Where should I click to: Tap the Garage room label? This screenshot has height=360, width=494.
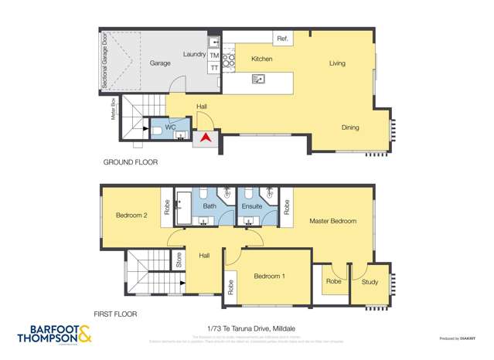tap(160, 63)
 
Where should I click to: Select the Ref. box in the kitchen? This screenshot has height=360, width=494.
tap(282, 39)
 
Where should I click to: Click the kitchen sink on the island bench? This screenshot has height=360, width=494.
tap(259, 78)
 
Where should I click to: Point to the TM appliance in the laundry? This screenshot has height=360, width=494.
tap(214, 56)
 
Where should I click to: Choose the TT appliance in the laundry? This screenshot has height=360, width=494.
tap(214, 68)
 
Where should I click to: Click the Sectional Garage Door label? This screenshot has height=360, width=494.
tap(105, 59)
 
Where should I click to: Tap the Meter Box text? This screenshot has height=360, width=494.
tap(113, 110)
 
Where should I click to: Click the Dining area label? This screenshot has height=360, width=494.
tap(350, 127)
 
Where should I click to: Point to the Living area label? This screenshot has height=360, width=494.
tap(337, 63)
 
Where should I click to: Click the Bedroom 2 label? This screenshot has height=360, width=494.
tap(131, 216)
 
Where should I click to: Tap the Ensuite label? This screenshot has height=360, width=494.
tap(252, 206)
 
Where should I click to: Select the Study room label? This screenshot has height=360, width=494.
tap(370, 282)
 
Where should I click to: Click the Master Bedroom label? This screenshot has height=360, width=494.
tap(333, 221)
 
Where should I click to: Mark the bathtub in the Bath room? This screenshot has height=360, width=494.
tap(183, 207)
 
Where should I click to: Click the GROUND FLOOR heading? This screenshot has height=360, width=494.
tap(131, 162)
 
